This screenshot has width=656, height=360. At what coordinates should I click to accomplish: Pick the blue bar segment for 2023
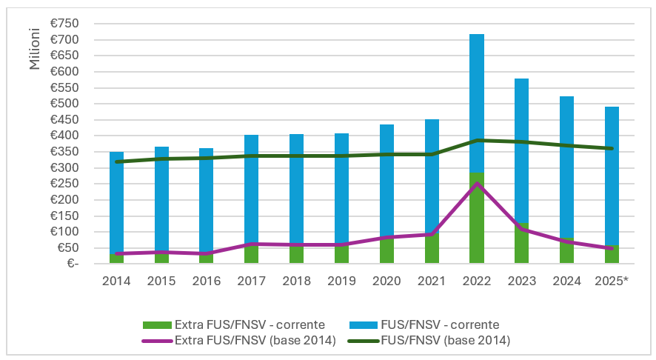tap(522, 148)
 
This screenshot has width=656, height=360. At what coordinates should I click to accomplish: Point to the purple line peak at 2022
tap(477, 184)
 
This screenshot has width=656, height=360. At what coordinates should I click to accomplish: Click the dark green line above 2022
tap(477, 140)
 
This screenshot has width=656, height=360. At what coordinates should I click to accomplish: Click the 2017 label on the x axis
tap(252, 282)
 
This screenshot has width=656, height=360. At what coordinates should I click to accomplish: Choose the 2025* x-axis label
tap(612, 282)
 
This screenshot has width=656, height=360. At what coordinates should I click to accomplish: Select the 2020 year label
tap(387, 282)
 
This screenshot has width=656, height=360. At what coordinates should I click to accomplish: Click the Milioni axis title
tap(35, 51)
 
